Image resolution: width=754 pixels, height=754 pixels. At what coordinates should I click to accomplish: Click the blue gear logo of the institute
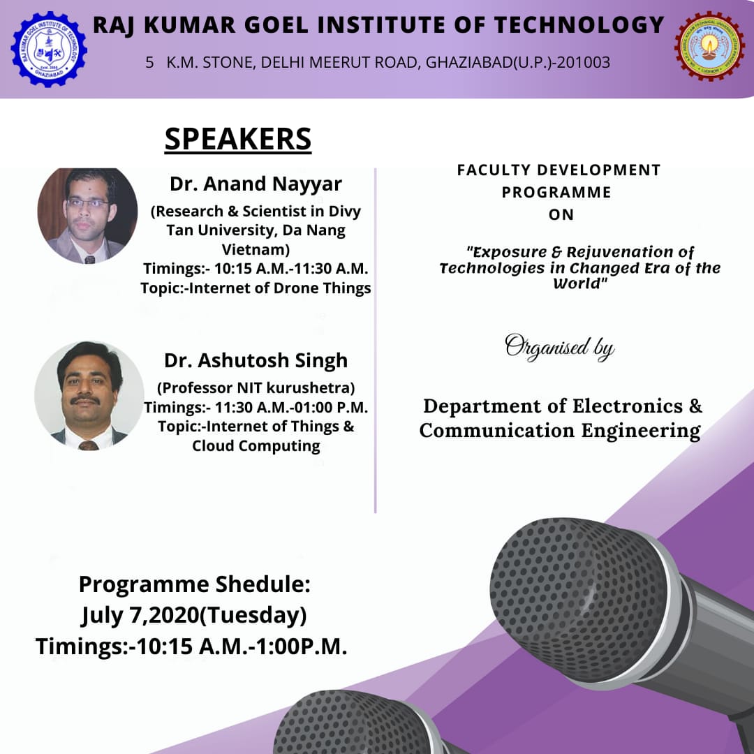coord(49,50)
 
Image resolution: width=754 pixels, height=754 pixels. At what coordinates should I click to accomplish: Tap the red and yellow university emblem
coord(710,46)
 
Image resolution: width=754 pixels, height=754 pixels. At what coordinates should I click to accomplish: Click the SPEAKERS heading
coord(238,140)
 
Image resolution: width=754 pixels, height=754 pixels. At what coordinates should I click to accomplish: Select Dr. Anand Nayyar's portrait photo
coord(87,216)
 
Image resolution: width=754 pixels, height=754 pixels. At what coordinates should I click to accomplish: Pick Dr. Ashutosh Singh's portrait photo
coord(89,395)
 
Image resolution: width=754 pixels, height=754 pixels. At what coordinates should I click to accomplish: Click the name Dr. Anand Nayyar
coord(256,184)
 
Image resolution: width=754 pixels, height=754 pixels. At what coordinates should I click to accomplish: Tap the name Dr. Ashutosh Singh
coord(256,360)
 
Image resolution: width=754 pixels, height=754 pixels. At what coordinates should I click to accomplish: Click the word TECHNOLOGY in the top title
coord(579,25)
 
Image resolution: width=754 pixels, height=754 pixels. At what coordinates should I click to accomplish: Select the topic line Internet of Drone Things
coord(256,288)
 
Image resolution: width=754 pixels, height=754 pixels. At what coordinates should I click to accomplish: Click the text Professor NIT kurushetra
coord(256,387)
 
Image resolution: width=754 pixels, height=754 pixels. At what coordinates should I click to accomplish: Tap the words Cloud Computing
coord(256,445)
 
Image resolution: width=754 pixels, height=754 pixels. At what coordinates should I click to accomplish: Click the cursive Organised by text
coord(560,347)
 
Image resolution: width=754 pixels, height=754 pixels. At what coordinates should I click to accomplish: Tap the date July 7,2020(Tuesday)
coord(194,616)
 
